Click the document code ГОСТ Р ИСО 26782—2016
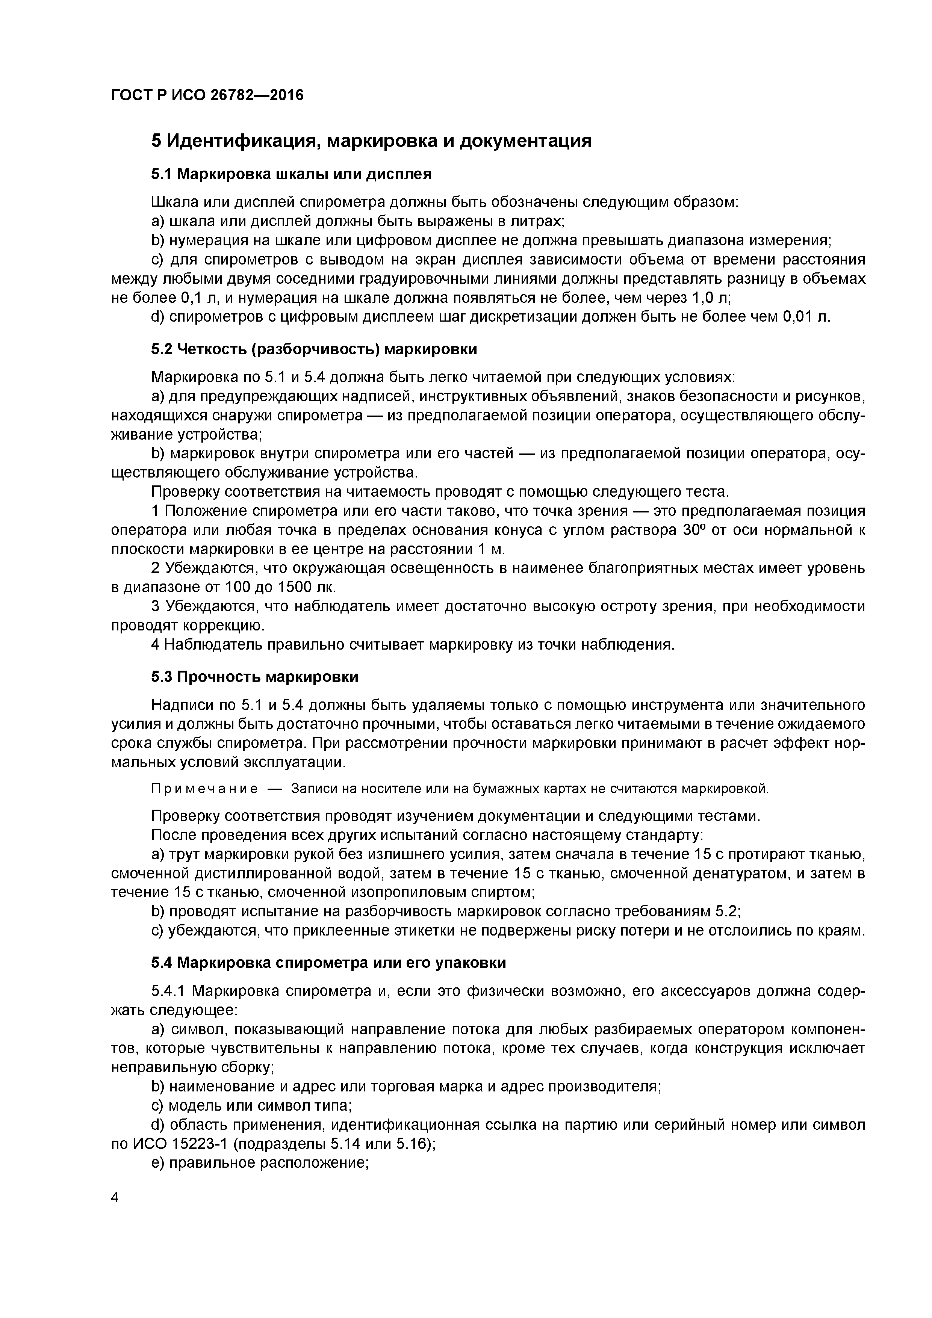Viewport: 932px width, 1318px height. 207,95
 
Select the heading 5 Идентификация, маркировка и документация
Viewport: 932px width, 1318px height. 371,141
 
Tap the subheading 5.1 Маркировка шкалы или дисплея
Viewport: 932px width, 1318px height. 291,174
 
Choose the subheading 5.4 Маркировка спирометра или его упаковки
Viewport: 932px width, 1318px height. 328,963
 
